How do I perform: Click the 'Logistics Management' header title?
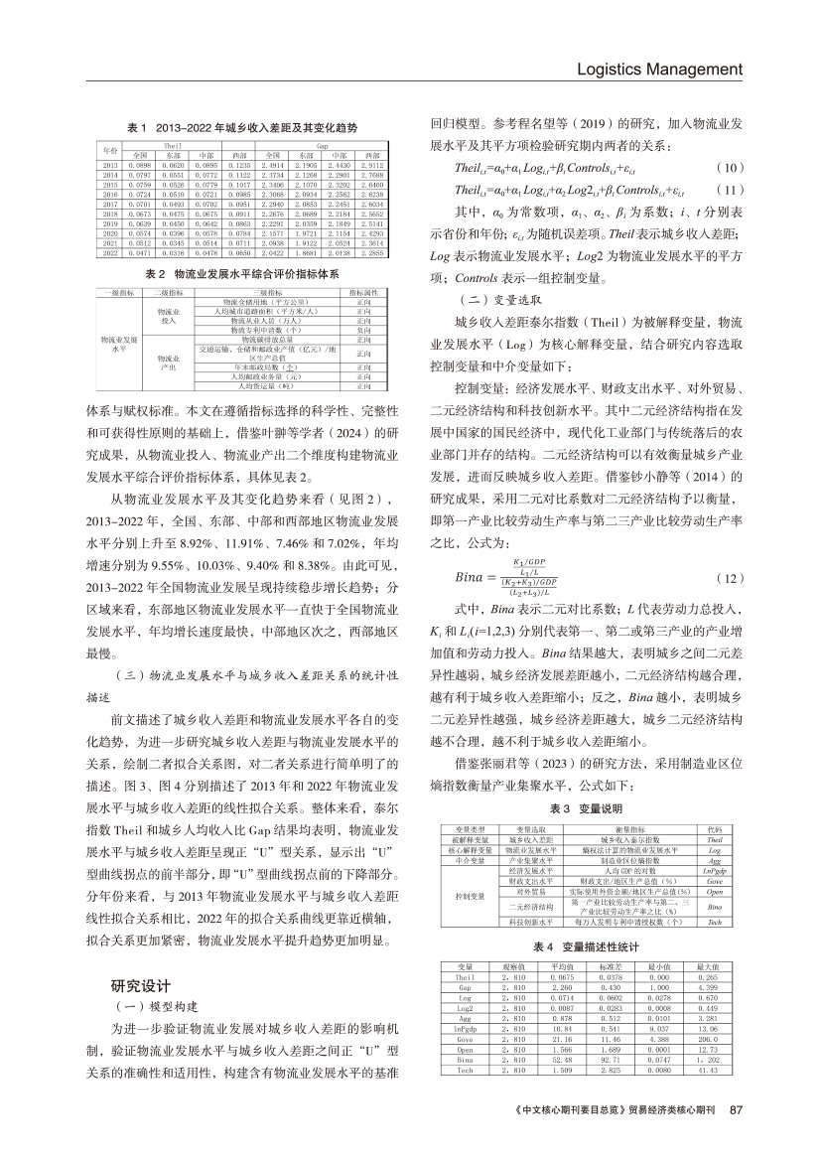(x=659, y=70)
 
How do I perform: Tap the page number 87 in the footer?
(x=736, y=1109)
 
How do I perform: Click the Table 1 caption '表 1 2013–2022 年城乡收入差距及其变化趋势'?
(x=243, y=129)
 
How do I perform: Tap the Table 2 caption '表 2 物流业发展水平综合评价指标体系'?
(x=243, y=272)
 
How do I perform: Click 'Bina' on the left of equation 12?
(x=460, y=577)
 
